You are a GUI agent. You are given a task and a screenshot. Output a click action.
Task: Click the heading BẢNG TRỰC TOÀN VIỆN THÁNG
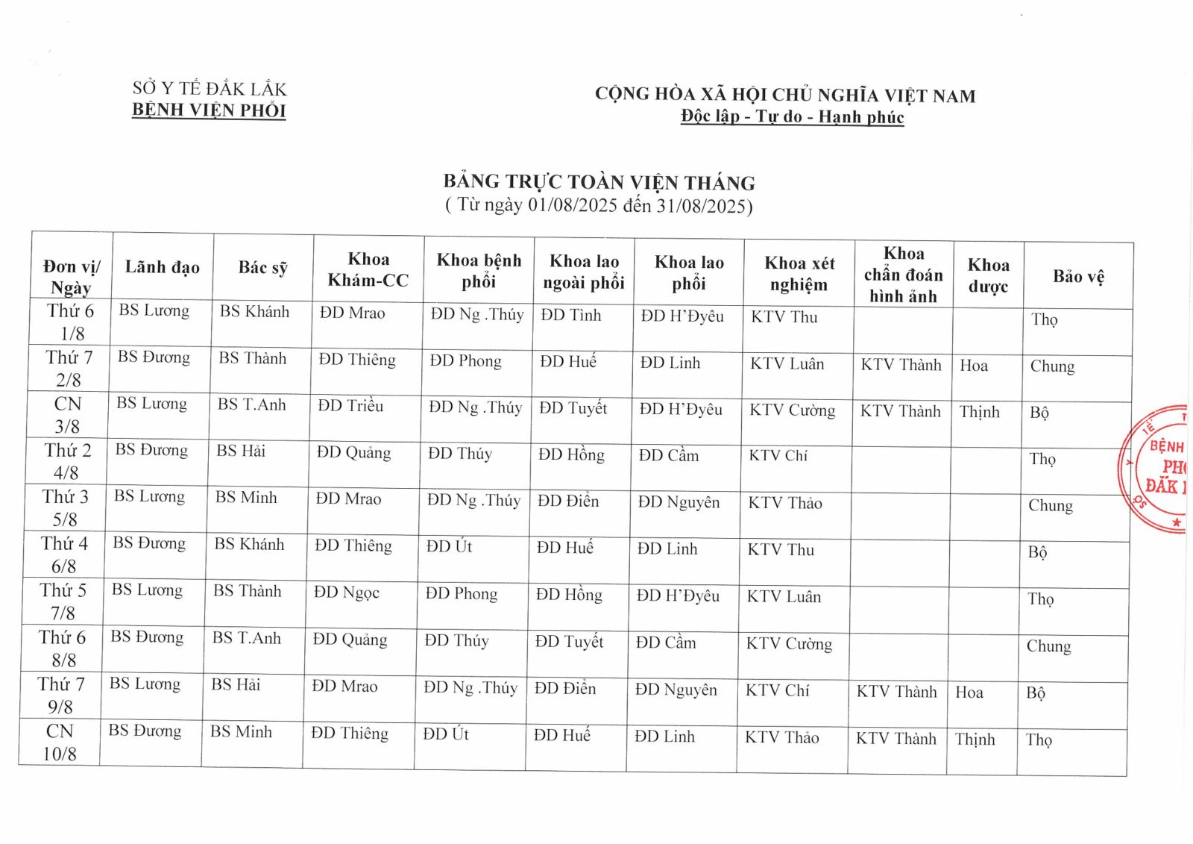tap(599, 182)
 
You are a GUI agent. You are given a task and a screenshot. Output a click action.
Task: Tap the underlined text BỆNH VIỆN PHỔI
tap(209, 110)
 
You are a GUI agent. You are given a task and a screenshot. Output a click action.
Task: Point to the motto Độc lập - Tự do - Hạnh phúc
tap(792, 117)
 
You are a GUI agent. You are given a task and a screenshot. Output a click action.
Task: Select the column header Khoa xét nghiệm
tap(799, 274)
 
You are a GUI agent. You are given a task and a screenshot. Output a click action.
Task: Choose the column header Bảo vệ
tap(1078, 277)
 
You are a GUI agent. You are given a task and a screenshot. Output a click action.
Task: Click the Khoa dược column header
tap(988, 275)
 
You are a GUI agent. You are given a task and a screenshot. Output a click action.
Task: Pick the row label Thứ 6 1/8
tap(71, 322)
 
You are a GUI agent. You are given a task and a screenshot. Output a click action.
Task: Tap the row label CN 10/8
tap(60, 742)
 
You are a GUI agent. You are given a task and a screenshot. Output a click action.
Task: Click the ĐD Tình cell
tap(571, 315)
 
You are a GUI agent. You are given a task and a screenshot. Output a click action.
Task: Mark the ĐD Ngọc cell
tap(347, 593)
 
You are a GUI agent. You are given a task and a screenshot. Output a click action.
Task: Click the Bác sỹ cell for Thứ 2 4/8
tap(241, 451)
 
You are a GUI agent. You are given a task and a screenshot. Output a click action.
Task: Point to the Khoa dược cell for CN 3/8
tap(979, 412)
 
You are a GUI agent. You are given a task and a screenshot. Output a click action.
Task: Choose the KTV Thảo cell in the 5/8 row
tap(785, 503)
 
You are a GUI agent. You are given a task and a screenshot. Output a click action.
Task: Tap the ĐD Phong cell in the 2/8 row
tap(465, 361)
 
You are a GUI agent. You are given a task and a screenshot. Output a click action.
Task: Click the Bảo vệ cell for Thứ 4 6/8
tap(1037, 552)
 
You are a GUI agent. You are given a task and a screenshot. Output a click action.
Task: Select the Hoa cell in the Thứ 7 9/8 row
tap(969, 693)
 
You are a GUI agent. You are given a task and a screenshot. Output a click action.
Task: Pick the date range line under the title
tap(599, 205)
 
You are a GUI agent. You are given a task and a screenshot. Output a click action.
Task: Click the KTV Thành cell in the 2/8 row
tap(901, 365)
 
